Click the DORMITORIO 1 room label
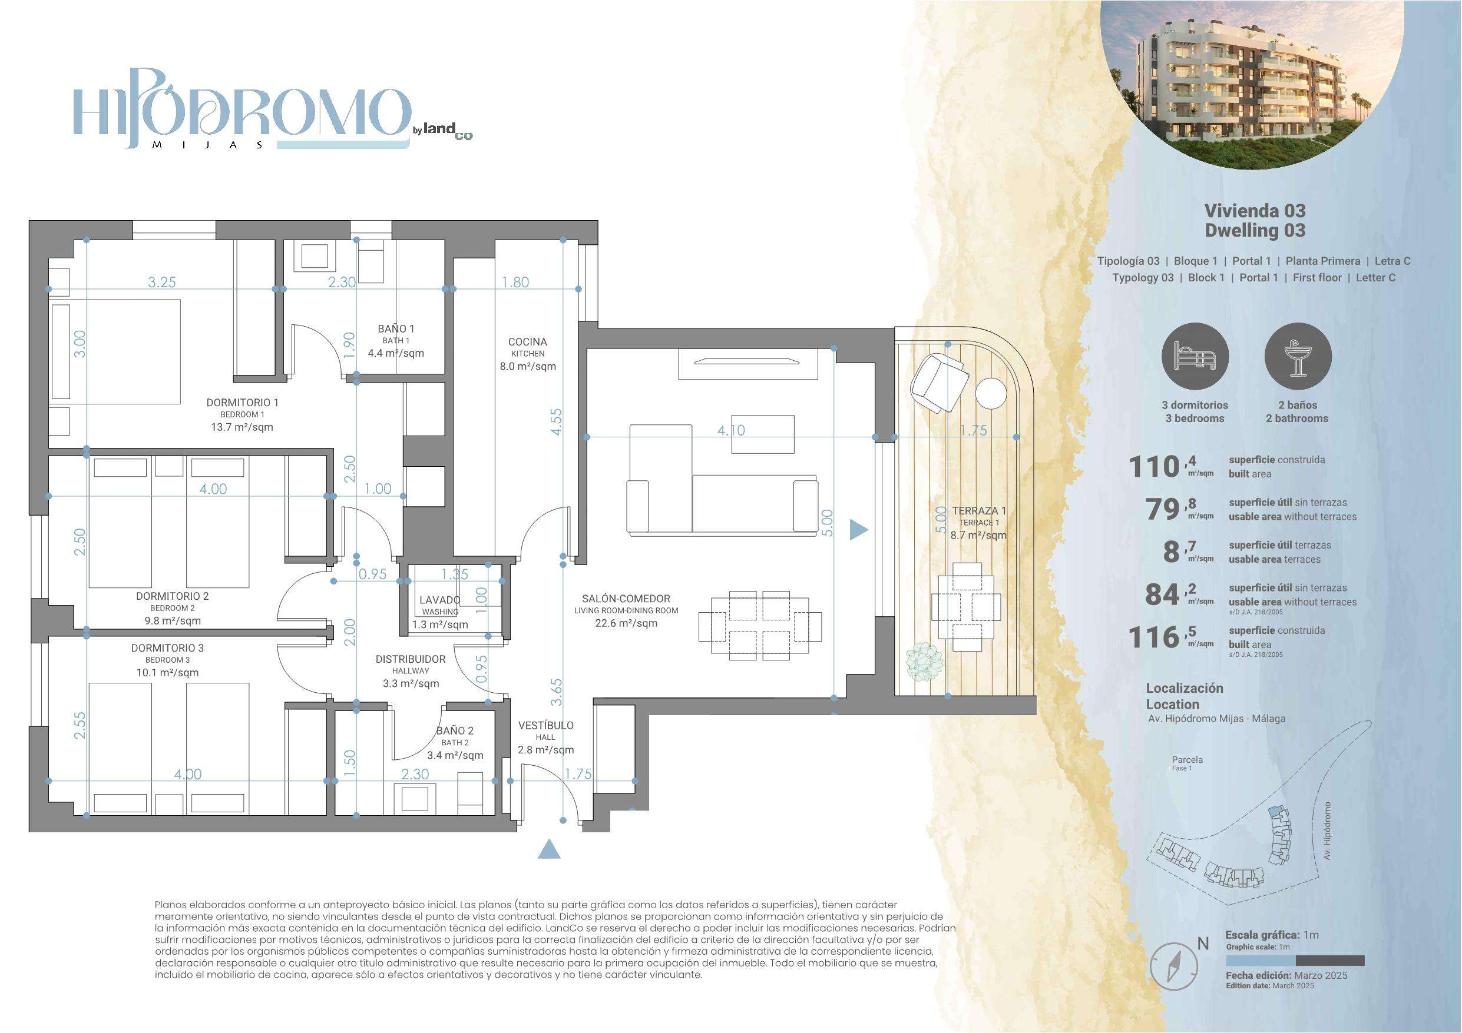click(x=242, y=402)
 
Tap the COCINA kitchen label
click(x=527, y=342)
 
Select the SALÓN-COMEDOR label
click(x=626, y=598)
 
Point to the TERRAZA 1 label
click(x=979, y=510)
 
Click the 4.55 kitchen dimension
click(x=557, y=421)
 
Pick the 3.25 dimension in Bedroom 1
click(x=162, y=282)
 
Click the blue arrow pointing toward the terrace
click(x=859, y=529)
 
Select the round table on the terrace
click(x=991, y=393)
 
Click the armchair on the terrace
click(x=938, y=383)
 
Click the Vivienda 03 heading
click(x=1255, y=211)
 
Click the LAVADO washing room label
click(x=439, y=600)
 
